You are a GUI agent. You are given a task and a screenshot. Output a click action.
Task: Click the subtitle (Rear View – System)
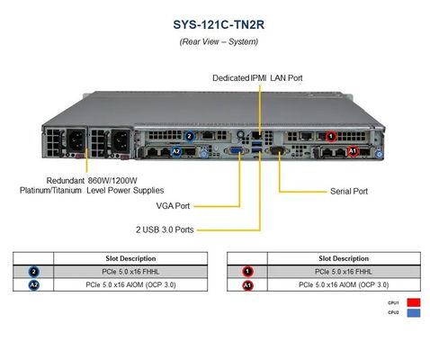coord(214,41)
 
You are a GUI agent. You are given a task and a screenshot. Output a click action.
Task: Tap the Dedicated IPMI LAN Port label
coord(257,78)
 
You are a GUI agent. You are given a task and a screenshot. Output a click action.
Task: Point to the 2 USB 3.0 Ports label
coord(165,229)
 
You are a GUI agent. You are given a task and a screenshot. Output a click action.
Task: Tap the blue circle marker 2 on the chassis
coord(189,137)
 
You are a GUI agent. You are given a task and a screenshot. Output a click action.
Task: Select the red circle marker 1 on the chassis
coord(331,137)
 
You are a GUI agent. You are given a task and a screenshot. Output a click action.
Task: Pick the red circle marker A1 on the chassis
coord(352,151)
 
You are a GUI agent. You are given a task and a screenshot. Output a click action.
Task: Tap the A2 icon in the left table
coord(33,284)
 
